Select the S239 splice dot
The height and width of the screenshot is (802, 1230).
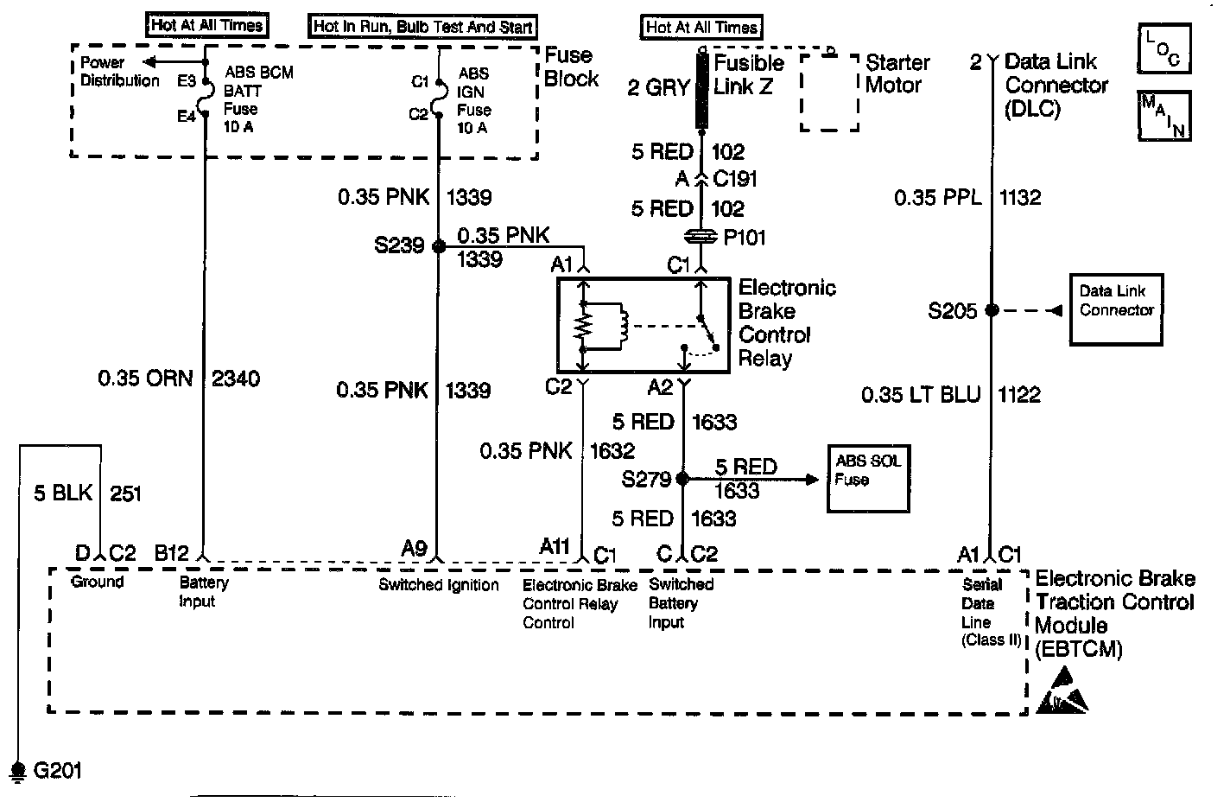tap(438, 246)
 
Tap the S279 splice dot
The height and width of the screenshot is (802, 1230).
tap(682, 478)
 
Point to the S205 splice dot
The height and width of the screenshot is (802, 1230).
tap(992, 310)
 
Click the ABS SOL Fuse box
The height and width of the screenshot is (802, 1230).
tap(868, 479)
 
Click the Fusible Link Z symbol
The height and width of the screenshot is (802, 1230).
tap(701, 92)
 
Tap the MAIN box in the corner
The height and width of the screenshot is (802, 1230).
tap(1163, 115)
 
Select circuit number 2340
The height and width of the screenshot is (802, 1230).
tap(235, 379)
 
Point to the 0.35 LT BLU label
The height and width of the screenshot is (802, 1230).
tap(921, 395)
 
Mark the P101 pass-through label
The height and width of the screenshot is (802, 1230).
tap(744, 237)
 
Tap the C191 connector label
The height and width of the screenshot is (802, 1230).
tap(735, 179)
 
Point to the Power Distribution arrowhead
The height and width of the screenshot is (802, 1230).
tap(149, 62)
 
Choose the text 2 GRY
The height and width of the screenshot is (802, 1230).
tap(658, 86)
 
